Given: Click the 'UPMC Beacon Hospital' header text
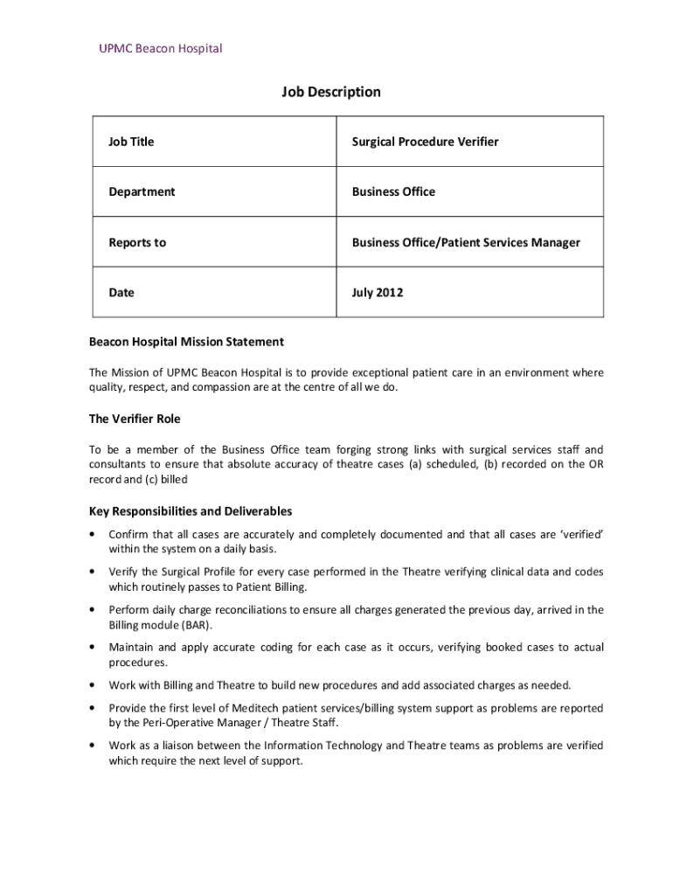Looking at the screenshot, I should tap(161, 48).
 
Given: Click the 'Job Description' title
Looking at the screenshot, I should tap(331, 92).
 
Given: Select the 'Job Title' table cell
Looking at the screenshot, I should tap(131, 142).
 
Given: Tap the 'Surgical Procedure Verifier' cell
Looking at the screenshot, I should tap(425, 142).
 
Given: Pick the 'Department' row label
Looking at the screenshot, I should tap(142, 192).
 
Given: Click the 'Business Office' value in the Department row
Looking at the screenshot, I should tap(393, 192).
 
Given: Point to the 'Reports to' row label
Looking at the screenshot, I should tap(137, 243).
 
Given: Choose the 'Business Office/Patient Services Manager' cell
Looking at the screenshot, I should tap(466, 243).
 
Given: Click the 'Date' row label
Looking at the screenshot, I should tap(121, 293).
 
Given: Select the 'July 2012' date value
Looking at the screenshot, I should tap(378, 293).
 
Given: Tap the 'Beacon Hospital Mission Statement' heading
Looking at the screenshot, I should tap(186, 342).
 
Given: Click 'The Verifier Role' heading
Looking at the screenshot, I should tap(135, 420).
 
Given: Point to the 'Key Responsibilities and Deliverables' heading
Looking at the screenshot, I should tap(191, 511).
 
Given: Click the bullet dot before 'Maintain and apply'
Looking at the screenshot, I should tap(93, 648).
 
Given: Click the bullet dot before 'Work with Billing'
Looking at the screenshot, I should tap(93, 685).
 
